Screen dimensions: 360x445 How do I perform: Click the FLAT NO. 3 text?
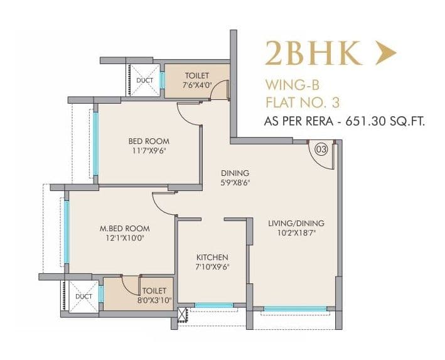click(304, 101)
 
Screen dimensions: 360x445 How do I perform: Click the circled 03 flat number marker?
click(321, 150)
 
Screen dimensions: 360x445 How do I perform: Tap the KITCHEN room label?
click(212, 258)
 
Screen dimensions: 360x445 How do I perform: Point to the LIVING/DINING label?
click(295, 224)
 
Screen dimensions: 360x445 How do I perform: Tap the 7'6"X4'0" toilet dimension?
click(196, 84)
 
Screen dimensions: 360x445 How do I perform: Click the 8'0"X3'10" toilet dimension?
click(154, 300)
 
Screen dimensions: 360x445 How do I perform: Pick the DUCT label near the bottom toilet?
click(83, 296)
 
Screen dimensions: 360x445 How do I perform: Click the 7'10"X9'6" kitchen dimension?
click(212, 267)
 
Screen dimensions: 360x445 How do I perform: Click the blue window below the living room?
click(295, 308)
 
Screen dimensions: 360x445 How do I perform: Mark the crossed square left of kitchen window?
click(183, 313)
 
